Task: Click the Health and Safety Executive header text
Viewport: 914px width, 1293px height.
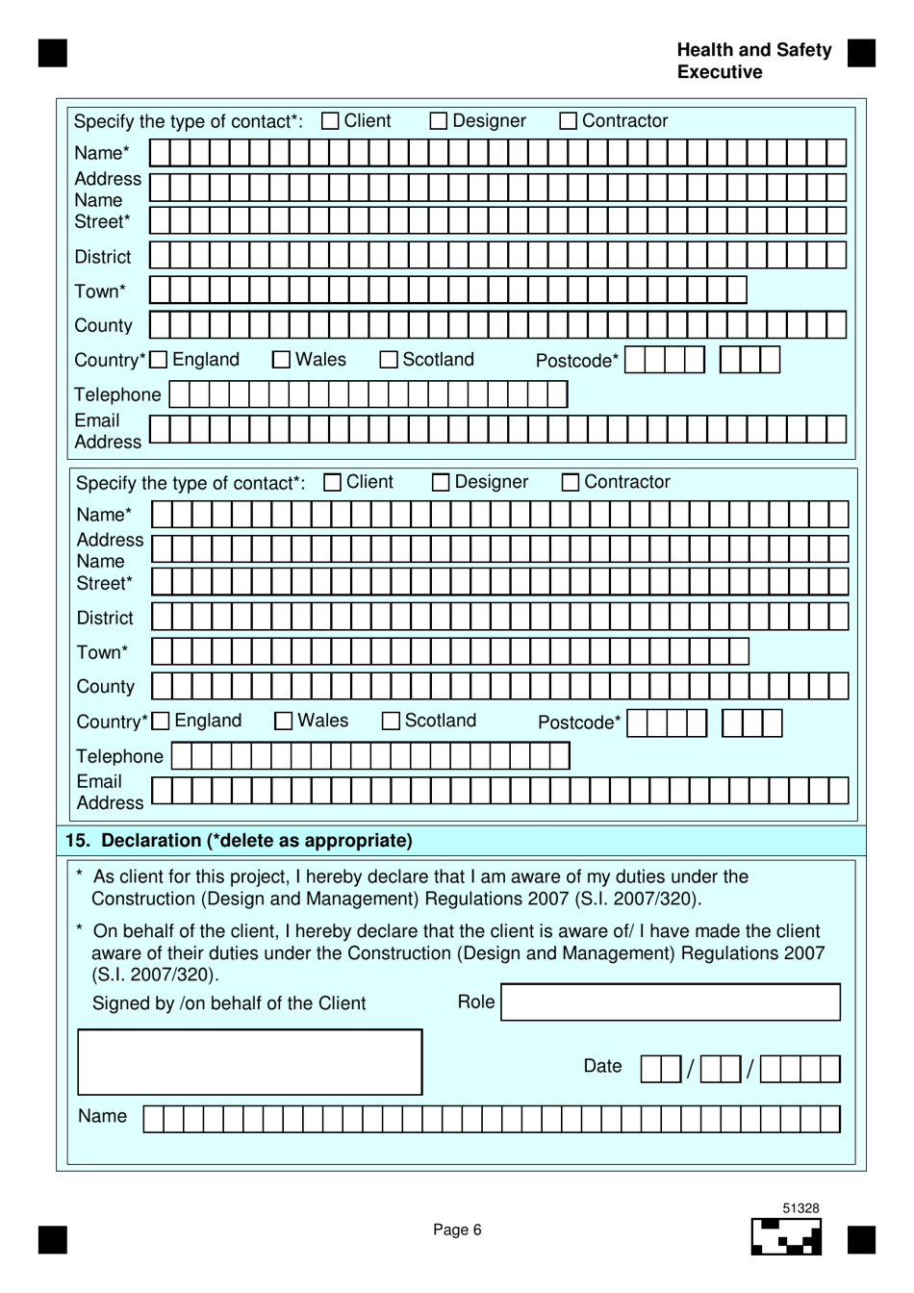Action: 753,61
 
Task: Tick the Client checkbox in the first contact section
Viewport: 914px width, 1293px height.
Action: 330,121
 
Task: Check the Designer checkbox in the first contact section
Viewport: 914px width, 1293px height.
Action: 439,121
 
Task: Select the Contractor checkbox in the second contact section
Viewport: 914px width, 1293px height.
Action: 571,482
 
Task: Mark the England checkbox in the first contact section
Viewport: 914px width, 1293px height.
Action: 159,360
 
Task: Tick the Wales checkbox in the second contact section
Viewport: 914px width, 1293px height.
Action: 284,722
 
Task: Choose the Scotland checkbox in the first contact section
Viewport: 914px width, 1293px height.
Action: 389,360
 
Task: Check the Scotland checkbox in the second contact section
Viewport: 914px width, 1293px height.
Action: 391,722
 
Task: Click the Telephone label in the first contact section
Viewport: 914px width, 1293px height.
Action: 117,394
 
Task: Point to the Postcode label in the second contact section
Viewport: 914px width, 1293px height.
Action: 579,723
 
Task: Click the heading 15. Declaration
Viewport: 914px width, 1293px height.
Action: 239,840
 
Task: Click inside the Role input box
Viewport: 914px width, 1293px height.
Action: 671,1001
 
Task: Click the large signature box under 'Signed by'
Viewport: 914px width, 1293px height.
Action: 249,1062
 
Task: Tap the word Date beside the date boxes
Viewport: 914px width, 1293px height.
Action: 602,1066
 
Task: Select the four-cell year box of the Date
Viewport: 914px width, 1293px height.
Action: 800,1069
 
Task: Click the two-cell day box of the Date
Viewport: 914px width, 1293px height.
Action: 660,1069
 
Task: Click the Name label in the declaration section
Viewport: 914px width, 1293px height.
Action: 102,1116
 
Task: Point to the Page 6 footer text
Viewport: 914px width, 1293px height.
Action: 457,1230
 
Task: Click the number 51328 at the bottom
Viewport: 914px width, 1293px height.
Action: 800,1208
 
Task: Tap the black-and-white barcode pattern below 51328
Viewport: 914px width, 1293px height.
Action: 786,1237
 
